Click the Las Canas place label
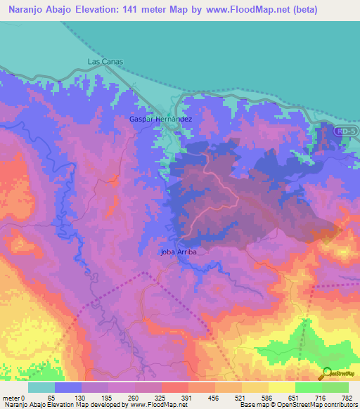(105, 62)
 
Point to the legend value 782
(347, 398)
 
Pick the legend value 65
(51, 398)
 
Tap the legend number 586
(267, 398)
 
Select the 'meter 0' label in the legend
(13, 398)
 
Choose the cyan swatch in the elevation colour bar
(41, 387)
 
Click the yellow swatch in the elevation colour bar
(281, 387)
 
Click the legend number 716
(321, 398)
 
